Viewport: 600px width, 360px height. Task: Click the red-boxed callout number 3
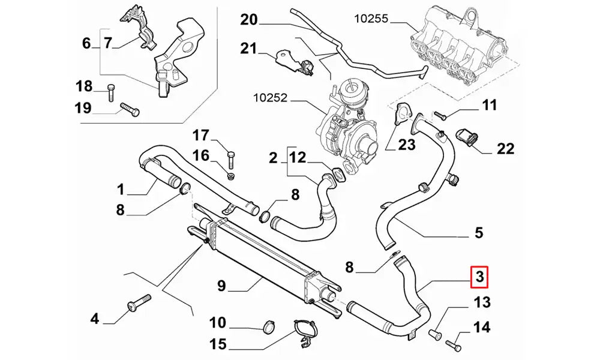click(x=480, y=277)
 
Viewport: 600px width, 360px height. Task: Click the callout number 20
click(x=248, y=20)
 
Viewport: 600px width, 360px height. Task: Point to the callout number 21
click(x=248, y=49)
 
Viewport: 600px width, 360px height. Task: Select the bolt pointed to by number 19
click(x=130, y=110)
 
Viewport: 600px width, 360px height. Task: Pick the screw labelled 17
click(x=232, y=159)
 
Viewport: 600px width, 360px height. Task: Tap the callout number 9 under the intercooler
click(x=221, y=287)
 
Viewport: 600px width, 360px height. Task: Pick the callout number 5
click(x=478, y=232)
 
